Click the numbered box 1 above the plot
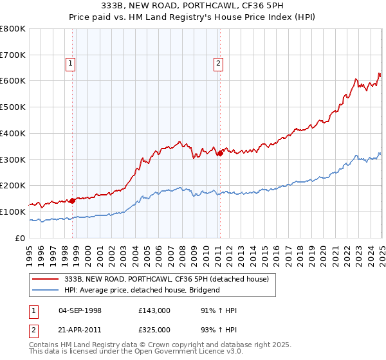[69, 63]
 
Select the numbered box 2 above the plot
[219, 63]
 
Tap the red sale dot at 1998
[72, 200]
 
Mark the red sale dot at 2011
[219, 153]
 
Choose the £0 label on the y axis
[20, 238]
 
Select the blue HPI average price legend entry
[142, 290]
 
